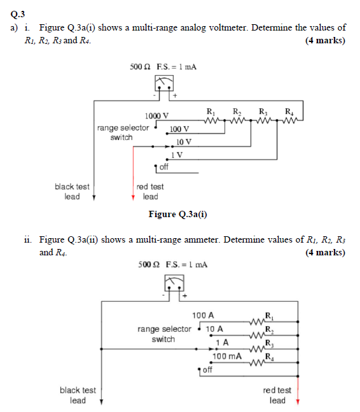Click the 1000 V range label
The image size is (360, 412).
click(x=156, y=116)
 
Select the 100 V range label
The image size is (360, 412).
click(x=180, y=129)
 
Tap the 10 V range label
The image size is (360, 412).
click(x=184, y=141)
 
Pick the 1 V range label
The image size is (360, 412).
click(x=177, y=154)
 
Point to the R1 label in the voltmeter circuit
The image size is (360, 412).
click(x=211, y=111)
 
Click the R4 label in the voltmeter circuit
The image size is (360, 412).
click(x=289, y=111)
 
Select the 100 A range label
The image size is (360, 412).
click(x=203, y=315)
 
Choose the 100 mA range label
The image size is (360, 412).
click(x=226, y=356)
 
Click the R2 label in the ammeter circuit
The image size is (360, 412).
click(x=270, y=330)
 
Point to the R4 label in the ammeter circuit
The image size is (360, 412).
click(x=270, y=357)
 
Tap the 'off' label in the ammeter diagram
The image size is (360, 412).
click(x=207, y=370)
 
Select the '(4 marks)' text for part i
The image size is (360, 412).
click(x=325, y=40)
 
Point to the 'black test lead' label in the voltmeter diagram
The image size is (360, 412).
click(x=72, y=192)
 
